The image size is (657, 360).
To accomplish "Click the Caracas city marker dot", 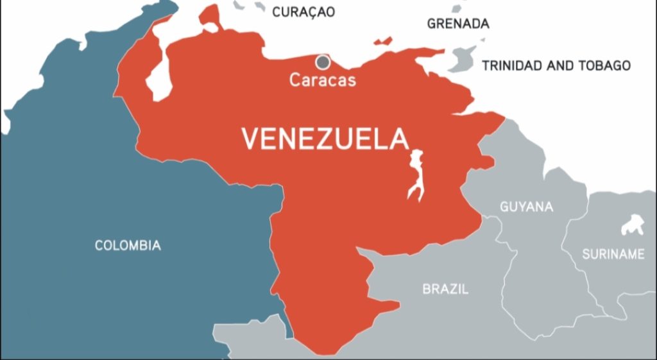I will (323, 62).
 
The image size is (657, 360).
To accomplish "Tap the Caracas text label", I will (322, 81).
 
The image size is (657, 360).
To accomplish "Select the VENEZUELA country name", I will (325, 139).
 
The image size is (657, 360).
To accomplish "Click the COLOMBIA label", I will (128, 245).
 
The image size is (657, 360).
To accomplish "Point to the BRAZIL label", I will (445, 289).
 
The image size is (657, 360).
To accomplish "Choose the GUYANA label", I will (526, 207).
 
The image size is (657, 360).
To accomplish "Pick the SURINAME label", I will (613, 254).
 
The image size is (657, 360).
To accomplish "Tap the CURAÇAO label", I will (303, 12).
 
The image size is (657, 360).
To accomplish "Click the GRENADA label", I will (458, 24).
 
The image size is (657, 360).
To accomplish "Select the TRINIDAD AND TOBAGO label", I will (556, 65).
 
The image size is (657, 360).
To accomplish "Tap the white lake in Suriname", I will (632, 225).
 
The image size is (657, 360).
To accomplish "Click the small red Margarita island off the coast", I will (383, 42).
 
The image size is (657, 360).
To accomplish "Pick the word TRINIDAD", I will (513, 65).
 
